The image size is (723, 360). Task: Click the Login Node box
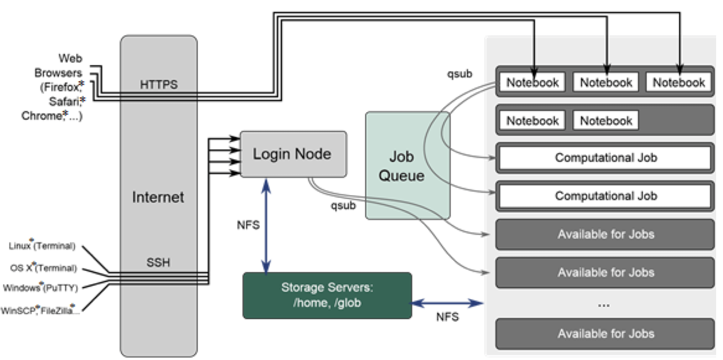(293, 154)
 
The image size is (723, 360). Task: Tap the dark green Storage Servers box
(327, 295)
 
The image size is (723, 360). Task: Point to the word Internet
(158, 197)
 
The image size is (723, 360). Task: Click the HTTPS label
(159, 85)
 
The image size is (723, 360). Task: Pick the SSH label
(158, 262)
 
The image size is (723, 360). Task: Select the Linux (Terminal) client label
(42, 246)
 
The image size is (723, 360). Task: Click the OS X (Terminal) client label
(43, 268)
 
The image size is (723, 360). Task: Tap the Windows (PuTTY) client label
(40, 288)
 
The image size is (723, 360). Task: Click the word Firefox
(60, 87)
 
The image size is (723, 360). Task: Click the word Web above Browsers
(70, 58)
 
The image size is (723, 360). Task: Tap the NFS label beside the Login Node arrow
(248, 225)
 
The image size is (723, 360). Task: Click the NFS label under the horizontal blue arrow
(447, 317)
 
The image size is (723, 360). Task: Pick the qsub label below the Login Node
(343, 206)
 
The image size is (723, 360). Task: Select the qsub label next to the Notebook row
(459, 74)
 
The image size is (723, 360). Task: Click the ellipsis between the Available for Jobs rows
(604, 305)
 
